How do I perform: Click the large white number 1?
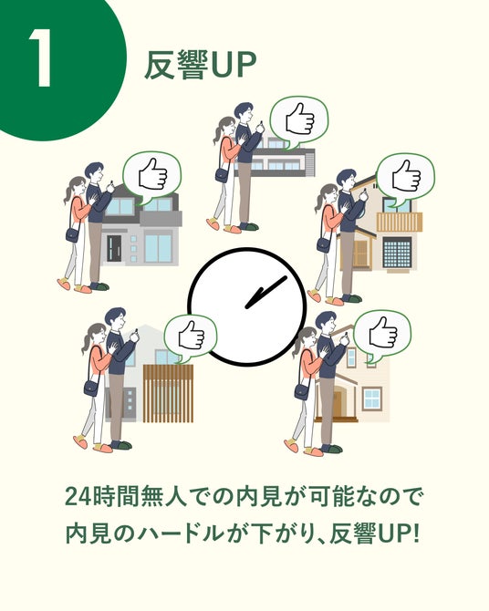pos(40,57)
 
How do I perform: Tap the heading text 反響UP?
pos(201,65)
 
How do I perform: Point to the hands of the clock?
pos(266,292)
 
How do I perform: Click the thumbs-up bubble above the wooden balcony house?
pos(406,180)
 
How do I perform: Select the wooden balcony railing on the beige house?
pos(400,222)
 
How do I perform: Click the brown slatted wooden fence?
pos(168,394)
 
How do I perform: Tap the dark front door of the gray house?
pos(114,248)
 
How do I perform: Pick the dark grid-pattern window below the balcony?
pos(397,252)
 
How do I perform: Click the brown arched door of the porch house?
pos(337,404)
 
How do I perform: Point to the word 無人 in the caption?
pos(161,496)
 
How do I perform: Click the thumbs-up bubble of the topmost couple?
pos(299,121)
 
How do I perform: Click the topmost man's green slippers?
pos(248,226)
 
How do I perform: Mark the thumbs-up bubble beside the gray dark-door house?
pos(152,178)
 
